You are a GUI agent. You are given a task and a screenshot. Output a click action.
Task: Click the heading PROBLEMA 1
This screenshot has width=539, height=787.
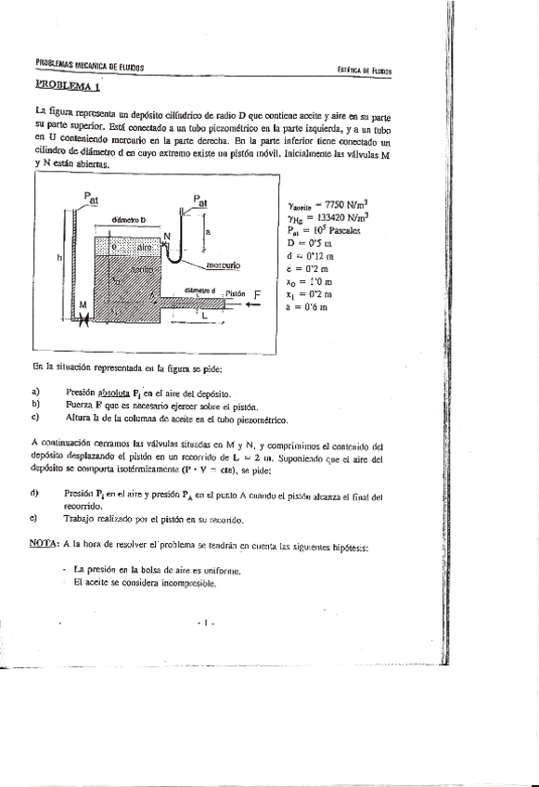(x=67, y=85)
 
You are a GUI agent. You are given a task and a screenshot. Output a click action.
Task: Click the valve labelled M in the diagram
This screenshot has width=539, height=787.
(x=83, y=318)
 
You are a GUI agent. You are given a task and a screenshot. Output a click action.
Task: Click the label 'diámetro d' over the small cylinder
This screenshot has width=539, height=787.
(x=199, y=289)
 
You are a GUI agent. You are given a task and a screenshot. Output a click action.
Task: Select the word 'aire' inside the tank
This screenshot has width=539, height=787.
(x=145, y=248)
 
